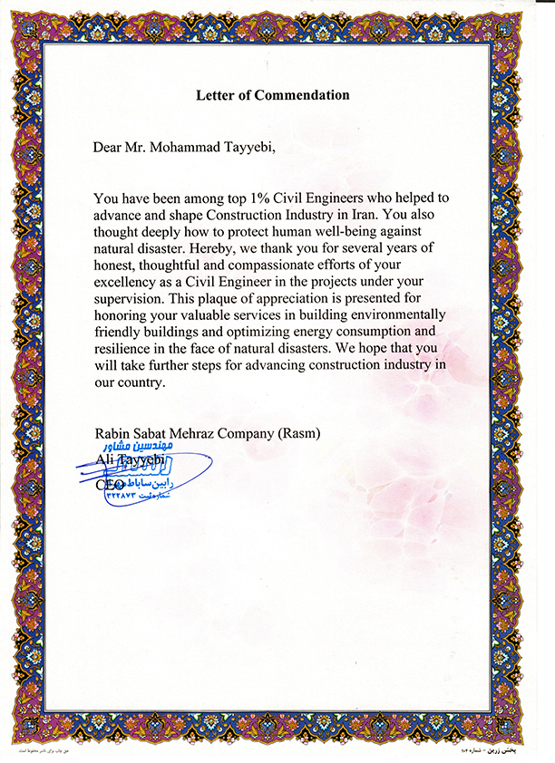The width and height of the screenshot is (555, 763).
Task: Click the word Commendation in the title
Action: click(x=303, y=94)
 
